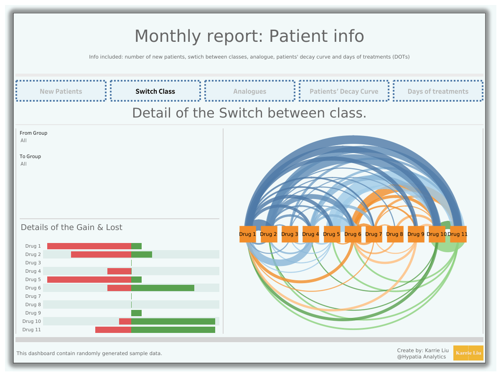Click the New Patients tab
(x=61, y=91)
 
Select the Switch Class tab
(x=155, y=91)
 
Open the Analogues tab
(x=249, y=91)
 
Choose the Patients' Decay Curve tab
(x=344, y=91)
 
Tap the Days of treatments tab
(x=438, y=91)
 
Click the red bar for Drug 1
(x=89, y=246)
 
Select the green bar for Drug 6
(x=163, y=288)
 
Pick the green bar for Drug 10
(x=173, y=321)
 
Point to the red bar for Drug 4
(x=119, y=271)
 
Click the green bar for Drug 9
(x=137, y=313)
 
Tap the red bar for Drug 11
(x=113, y=330)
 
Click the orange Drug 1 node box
(x=248, y=234)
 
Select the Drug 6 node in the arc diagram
(x=353, y=234)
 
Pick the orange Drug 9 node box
(x=416, y=234)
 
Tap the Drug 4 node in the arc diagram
(x=310, y=234)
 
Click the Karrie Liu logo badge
(x=468, y=353)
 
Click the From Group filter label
(x=33, y=133)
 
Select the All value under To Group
(x=24, y=164)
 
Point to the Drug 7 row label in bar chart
(x=33, y=297)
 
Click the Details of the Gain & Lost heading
(x=71, y=228)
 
